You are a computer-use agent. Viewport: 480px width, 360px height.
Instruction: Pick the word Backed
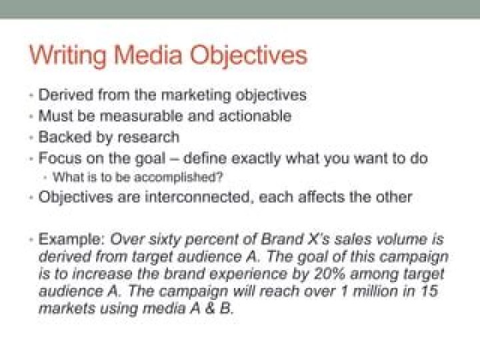65,137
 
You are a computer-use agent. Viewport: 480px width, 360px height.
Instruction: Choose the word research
149,137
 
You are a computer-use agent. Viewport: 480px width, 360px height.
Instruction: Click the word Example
72,239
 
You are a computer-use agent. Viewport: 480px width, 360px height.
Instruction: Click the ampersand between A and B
210,308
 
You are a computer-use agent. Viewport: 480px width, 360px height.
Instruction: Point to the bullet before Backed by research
31,137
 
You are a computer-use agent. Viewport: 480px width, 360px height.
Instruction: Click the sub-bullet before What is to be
45,177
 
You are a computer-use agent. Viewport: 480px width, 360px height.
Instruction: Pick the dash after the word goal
174,159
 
